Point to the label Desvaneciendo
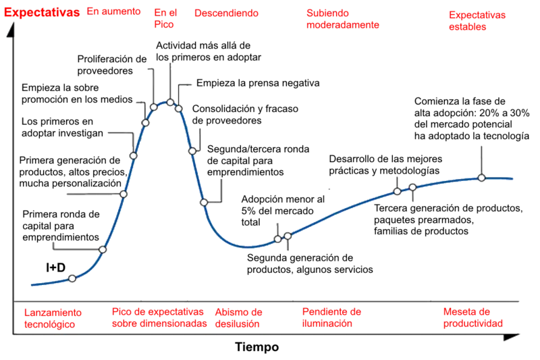225,13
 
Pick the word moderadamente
343,25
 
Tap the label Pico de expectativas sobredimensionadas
158,317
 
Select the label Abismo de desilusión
239,317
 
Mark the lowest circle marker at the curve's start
72,278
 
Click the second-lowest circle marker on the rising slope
103,249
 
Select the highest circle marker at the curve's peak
171,102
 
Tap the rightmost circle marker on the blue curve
481,178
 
